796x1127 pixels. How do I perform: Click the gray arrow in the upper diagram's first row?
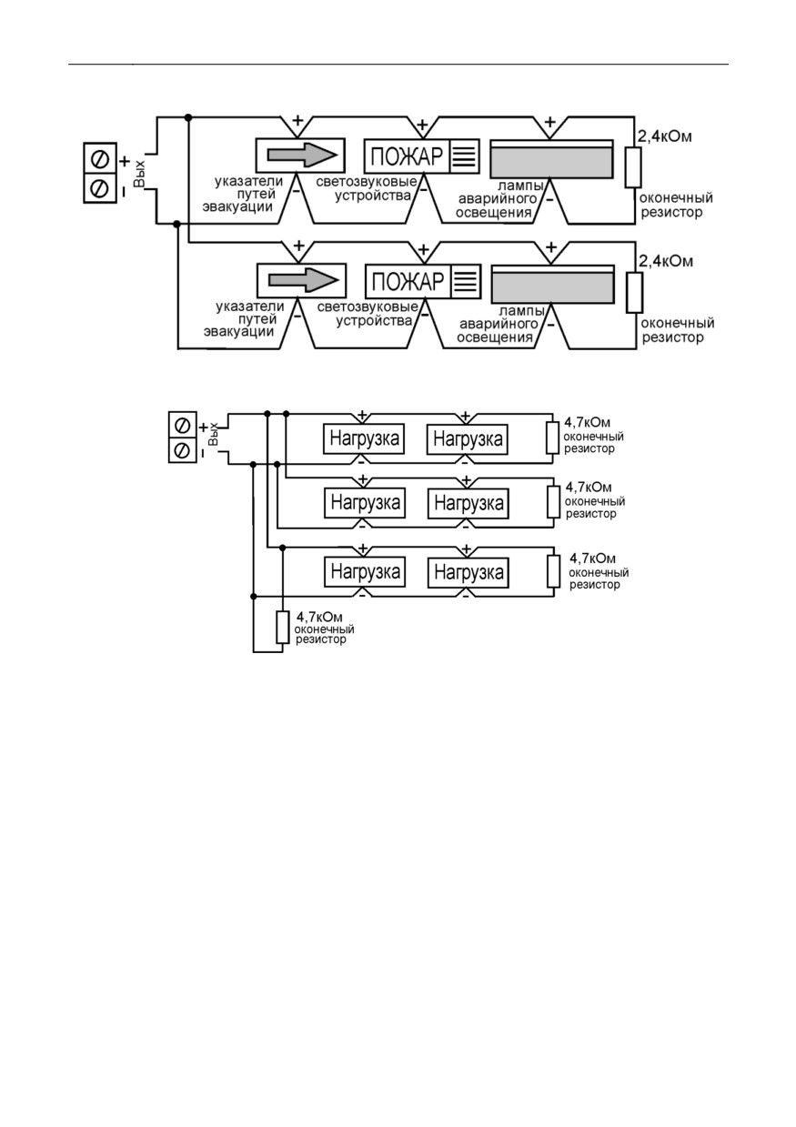point(302,155)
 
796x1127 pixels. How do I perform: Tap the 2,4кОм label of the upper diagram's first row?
point(665,136)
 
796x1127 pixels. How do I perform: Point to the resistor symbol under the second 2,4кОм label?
point(634,293)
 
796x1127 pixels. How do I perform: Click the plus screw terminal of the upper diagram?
point(100,159)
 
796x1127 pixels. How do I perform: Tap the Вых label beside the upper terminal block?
point(139,174)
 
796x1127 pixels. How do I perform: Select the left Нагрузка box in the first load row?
point(364,438)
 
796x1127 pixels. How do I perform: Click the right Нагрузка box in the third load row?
point(469,572)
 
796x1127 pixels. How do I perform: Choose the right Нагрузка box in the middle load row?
point(469,503)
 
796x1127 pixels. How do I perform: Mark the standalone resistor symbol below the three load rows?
point(283,628)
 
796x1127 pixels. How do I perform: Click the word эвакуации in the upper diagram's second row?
point(239,332)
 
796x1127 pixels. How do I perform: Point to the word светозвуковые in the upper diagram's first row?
point(367,182)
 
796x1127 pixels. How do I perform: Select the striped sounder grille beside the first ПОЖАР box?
point(464,156)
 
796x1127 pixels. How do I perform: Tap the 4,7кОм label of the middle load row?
point(589,488)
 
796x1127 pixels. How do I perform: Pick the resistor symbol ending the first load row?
point(553,438)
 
